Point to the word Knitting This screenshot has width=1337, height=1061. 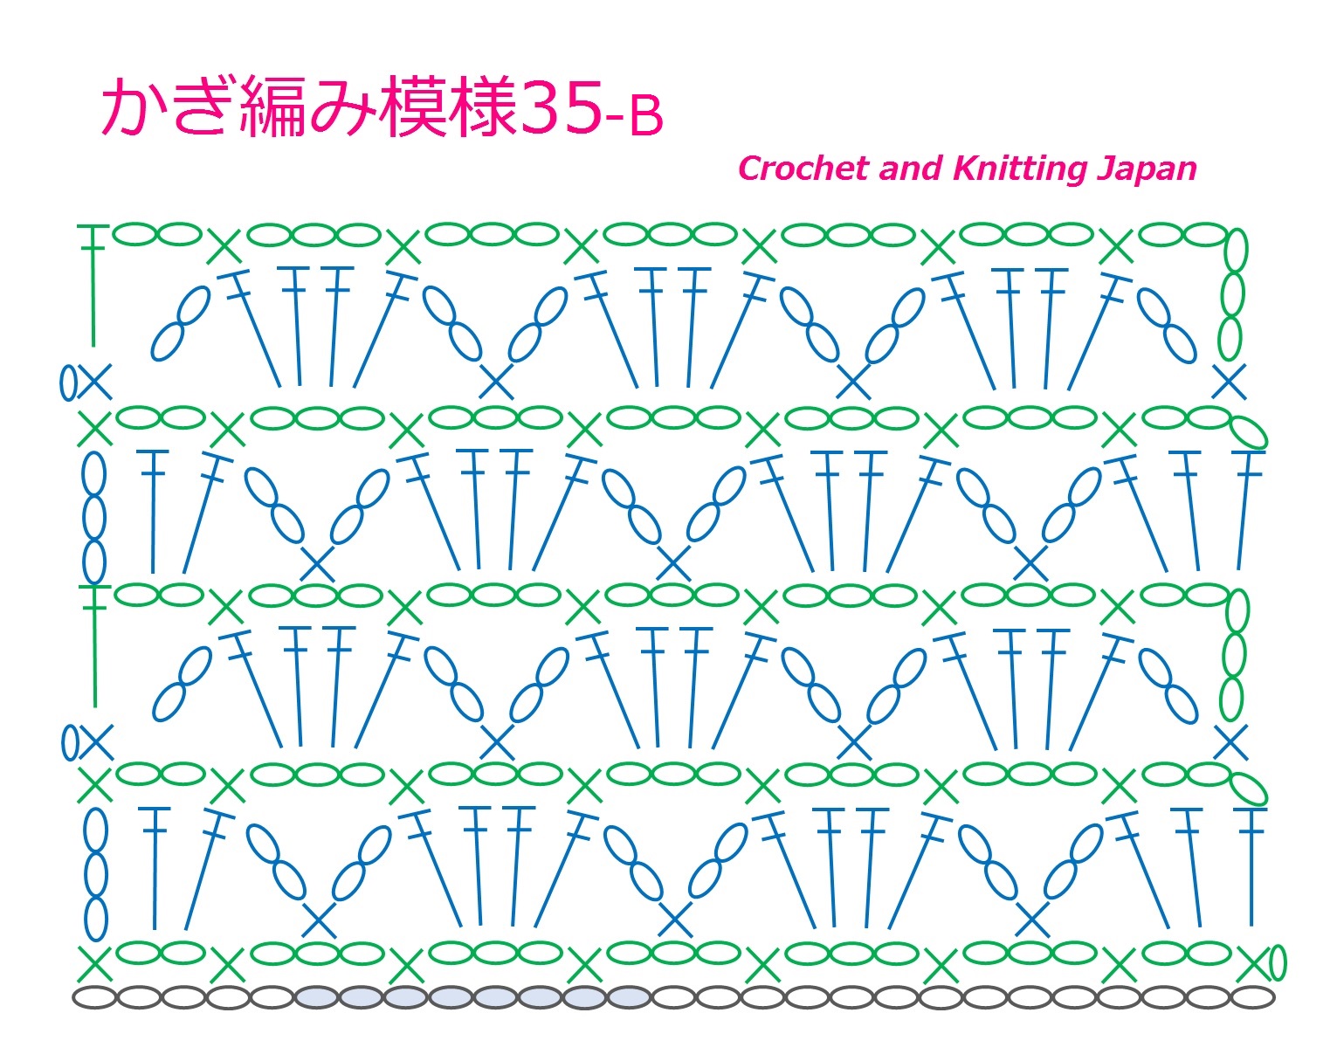pyautogui.click(x=1018, y=169)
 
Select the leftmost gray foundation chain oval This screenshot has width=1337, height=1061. pyautogui.click(x=94, y=997)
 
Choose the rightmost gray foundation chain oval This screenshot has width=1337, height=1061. pyautogui.click(x=1251, y=997)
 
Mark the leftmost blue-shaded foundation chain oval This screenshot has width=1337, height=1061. pyautogui.click(x=317, y=997)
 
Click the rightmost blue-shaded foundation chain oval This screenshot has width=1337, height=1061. pyautogui.click(x=629, y=997)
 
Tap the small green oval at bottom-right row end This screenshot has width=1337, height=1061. pyautogui.click(x=1277, y=963)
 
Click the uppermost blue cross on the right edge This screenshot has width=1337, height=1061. pyautogui.click(x=1229, y=382)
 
